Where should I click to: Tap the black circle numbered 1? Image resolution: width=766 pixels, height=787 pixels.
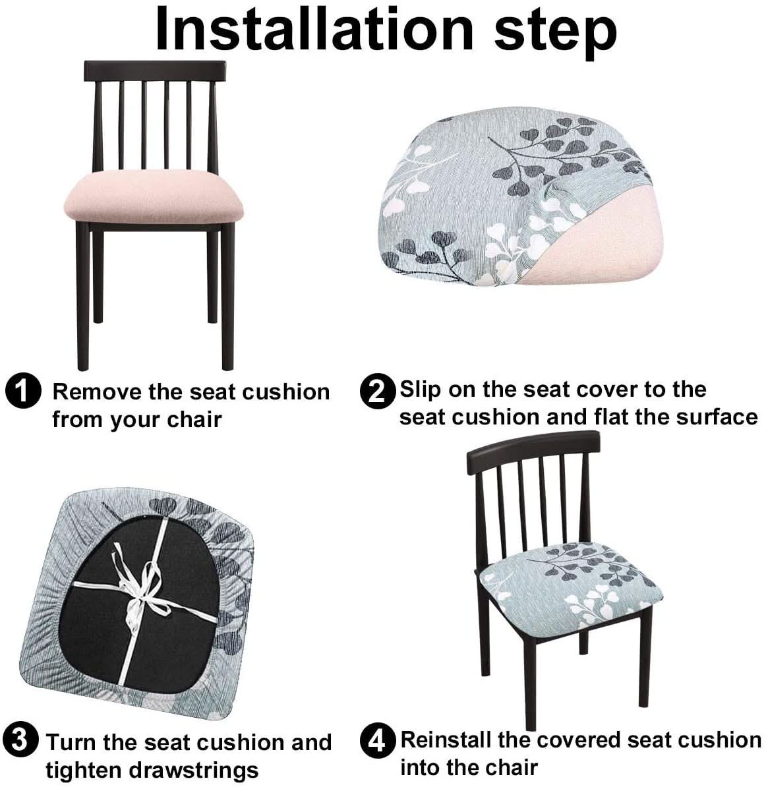point(23,391)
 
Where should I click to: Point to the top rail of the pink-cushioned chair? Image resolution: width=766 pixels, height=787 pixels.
point(155,71)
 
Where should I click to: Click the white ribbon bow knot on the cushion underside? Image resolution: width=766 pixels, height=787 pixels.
point(144,583)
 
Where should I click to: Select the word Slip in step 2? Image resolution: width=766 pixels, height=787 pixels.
point(421,390)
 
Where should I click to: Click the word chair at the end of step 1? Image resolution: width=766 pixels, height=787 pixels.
point(194,419)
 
